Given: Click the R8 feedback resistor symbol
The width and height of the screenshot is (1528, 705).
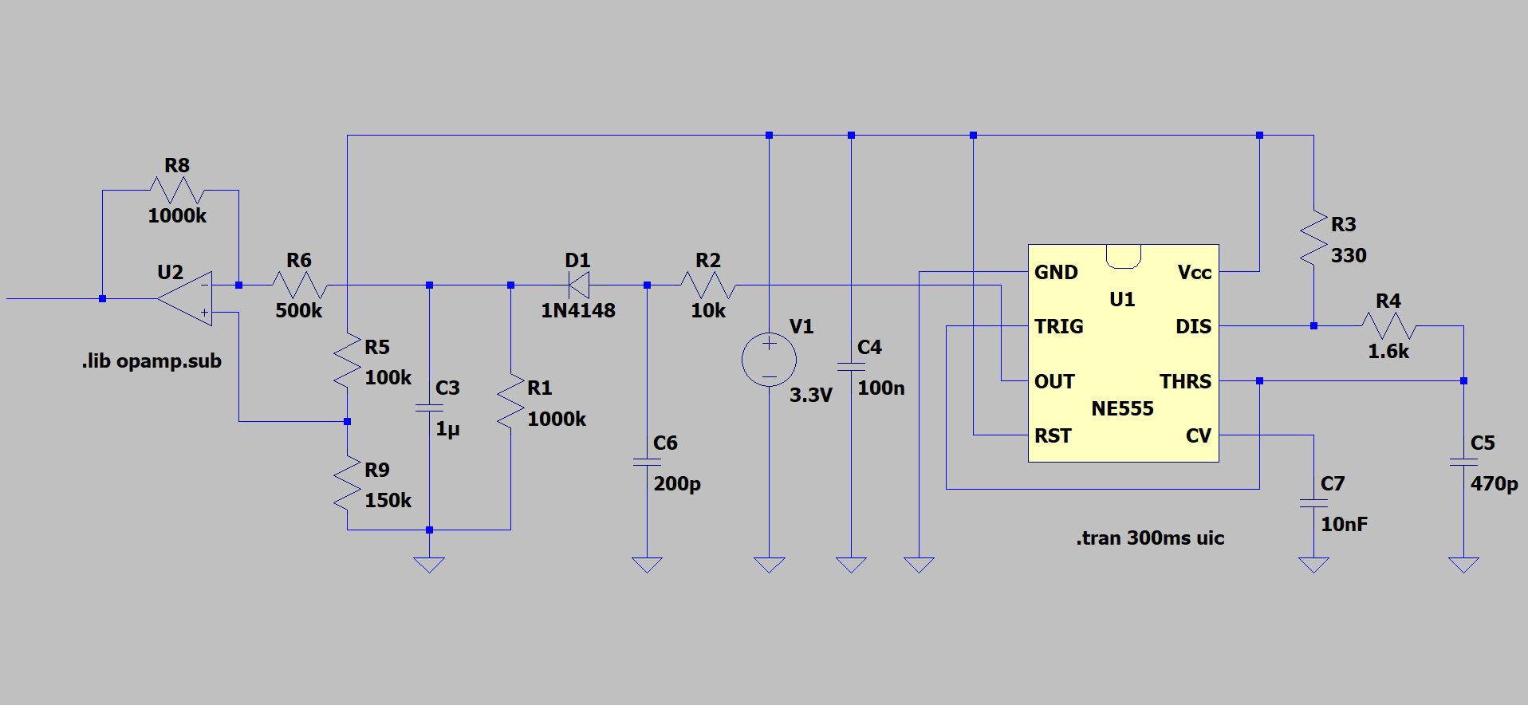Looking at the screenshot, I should point(177,191).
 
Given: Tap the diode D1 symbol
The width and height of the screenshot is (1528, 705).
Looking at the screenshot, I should point(578,285).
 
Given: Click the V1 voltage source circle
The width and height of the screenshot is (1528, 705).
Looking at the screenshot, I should point(769,360).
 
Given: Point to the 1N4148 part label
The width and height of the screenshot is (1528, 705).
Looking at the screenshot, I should point(577,311).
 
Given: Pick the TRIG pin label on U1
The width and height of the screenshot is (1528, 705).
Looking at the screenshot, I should point(1058,326).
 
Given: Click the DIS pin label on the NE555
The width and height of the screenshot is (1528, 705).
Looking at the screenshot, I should point(1193,326).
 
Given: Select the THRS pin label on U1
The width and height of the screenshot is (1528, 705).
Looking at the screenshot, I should point(1185,381).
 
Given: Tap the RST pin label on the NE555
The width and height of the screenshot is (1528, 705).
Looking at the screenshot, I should point(1053,435).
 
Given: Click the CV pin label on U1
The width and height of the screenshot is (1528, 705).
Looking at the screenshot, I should point(1198,435).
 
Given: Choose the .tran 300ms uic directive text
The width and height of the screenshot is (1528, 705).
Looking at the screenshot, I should point(1149,538).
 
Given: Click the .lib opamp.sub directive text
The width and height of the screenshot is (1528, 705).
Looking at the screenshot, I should point(152,361).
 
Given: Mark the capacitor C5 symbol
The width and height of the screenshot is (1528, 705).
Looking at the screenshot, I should point(1463,462).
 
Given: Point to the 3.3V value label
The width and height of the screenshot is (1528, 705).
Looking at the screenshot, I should point(810,396).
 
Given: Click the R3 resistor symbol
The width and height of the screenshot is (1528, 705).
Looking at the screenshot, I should point(1313,237).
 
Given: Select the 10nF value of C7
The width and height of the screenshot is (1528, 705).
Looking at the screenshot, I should point(1344,525).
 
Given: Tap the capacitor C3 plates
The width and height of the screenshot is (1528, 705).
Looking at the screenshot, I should point(429,408).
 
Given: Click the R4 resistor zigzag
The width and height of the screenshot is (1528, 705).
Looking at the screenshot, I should point(1388,325).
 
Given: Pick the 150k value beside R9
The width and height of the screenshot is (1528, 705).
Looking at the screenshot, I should point(388,501).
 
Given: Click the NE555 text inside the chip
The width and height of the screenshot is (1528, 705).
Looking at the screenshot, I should point(1122,409).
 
